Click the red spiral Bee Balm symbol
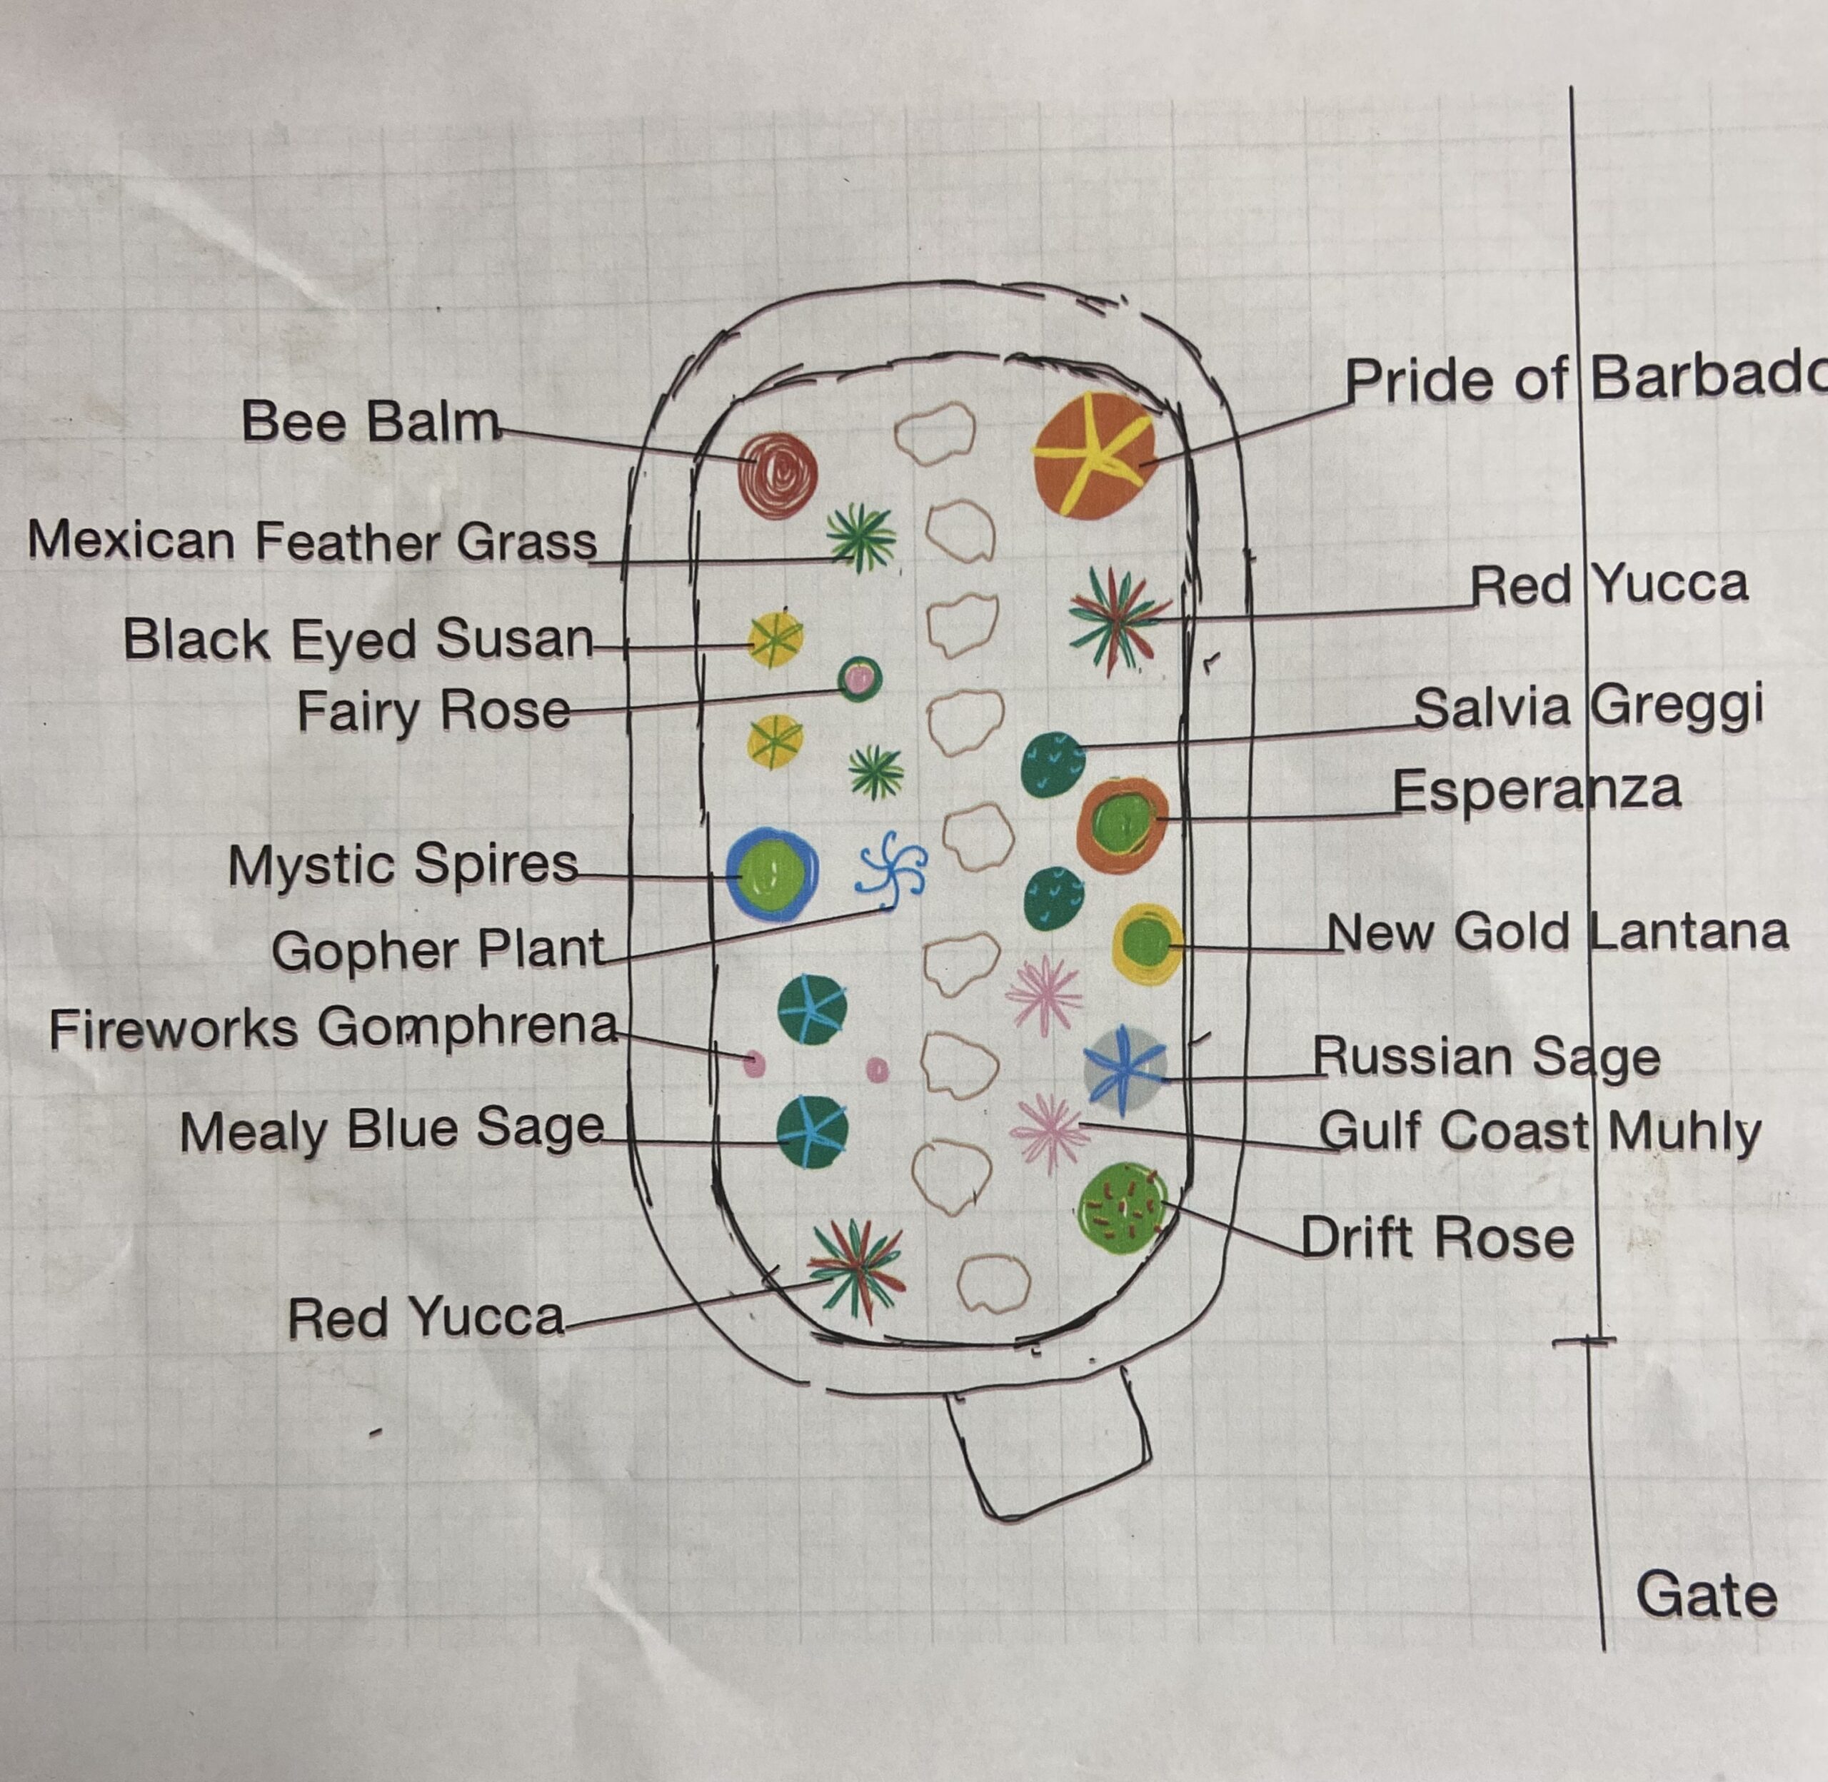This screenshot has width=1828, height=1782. pyautogui.click(x=778, y=475)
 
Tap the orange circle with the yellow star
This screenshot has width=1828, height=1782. pyautogui.click(x=1095, y=455)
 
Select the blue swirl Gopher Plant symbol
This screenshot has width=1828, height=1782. pyautogui.click(x=892, y=871)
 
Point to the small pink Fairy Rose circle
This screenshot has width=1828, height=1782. pyautogui.click(x=859, y=678)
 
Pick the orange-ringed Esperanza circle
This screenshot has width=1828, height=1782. pyautogui.click(x=1123, y=825)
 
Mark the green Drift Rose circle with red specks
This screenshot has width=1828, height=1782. pyautogui.click(x=1123, y=1208)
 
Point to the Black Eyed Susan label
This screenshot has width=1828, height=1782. pyautogui.click(x=358, y=640)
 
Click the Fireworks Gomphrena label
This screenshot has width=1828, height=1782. pyautogui.click(x=334, y=1029)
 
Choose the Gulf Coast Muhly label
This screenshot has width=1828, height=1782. pyautogui.click(x=1540, y=1132)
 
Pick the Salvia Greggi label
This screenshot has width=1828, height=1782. pyautogui.click(x=1588, y=708)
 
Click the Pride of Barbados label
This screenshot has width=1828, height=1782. pyautogui.click(x=1586, y=379)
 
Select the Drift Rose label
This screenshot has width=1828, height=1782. pyautogui.click(x=1437, y=1238)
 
